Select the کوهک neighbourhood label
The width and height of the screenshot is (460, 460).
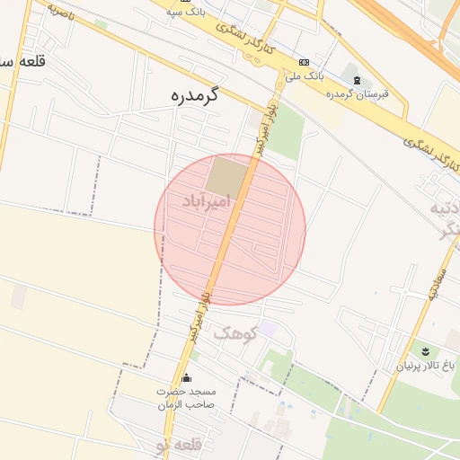[235, 333]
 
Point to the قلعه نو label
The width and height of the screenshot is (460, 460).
[180, 446]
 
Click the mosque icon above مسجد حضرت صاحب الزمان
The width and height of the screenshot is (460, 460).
[186, 378]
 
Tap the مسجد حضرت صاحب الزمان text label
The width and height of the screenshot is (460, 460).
[186, 398]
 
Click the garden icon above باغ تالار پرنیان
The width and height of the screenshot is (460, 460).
[426, 350]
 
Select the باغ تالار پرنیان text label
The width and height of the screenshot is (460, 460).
[427, 366]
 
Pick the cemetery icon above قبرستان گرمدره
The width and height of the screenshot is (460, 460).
[357, 80]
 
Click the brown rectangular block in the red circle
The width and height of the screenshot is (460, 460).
[225, 174]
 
